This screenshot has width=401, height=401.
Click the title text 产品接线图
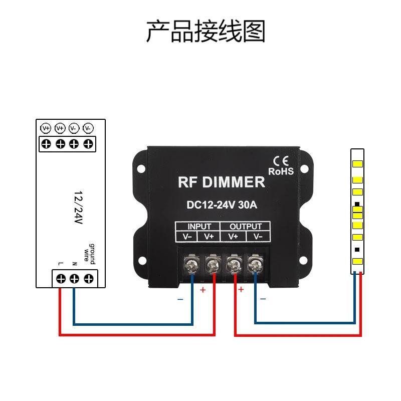pyautogui.click(x=206, y=31)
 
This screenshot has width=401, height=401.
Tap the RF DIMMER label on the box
pyautogui.click(x=222, y=182)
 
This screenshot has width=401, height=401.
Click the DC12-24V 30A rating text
pyautogui.click(x=222, y=205)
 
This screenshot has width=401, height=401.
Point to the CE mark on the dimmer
pyautogui.click(x=281, y=161)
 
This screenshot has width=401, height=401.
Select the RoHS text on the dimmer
pyautogui.click(x=281, y=171)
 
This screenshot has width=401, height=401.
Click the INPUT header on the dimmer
pyautogui.click(x=199, y=227)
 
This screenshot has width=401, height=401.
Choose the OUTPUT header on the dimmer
pyautogui.click(x=246, y=227)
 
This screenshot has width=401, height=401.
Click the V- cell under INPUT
pyautogui.click(x=187, y=237)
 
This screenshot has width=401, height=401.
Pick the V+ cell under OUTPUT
pyautogui.click(x=233, y=237)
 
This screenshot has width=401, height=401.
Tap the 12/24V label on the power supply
pyautogui.click(x=79, y=207)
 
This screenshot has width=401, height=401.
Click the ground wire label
pyautogui.click(x=89, y=254)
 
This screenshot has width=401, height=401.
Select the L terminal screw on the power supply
pyautogui.click(x=61, y=279)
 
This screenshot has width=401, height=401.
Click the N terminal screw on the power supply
pyautogui.click(x=74, y=279)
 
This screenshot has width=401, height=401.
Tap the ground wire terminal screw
pyautogui.click(x=89, y=279)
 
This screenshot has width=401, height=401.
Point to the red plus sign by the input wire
pyautogui.click(x=203, y=290)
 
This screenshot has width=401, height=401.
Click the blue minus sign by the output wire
pyautogui.click(x=263, y=299)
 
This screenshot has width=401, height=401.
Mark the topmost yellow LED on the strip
pyautogui.click(x=357, y=164)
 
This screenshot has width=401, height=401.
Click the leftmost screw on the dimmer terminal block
pyautogui.click(x=192, y=264)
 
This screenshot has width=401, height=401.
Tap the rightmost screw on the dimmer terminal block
pyautogui.click(x=255, y=264)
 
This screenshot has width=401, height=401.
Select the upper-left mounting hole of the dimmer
pyautogui.click(x=141, y=169)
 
